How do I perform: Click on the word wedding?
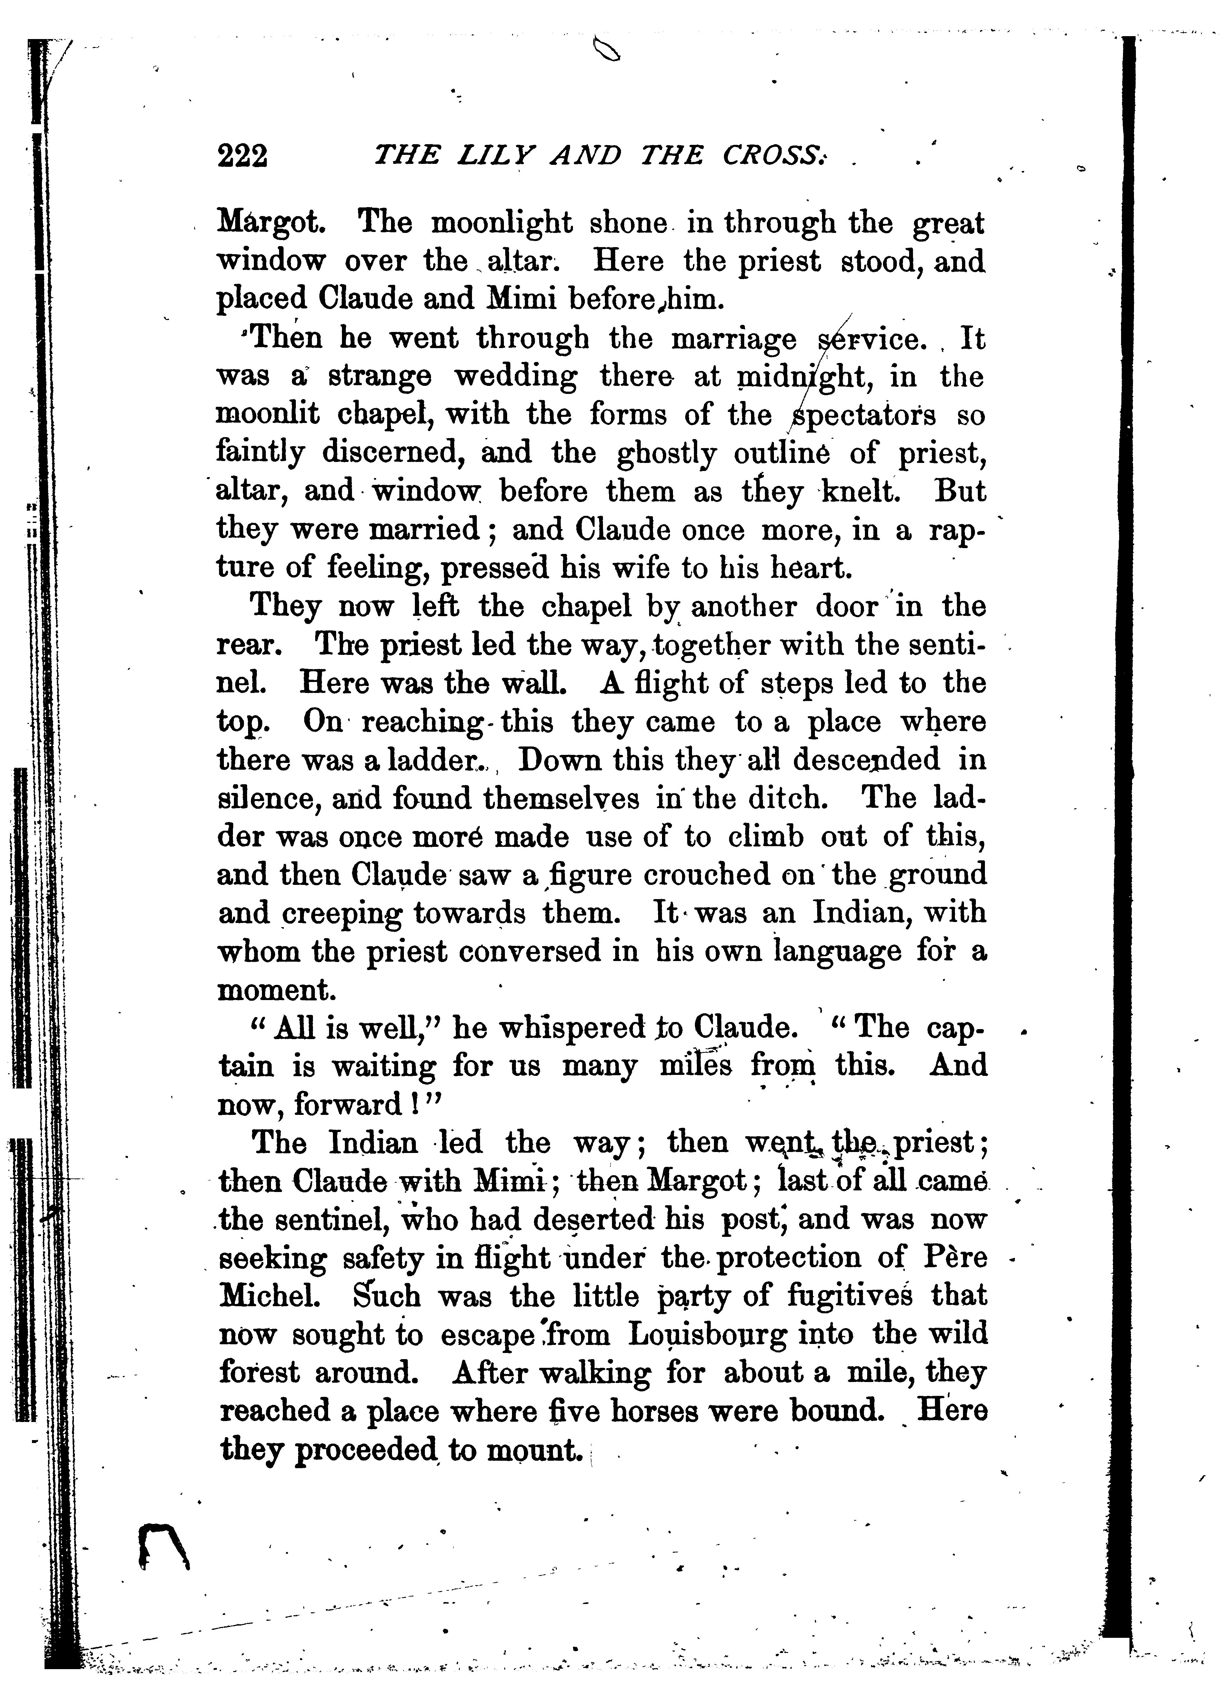[515, 377]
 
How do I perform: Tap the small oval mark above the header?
[606, 51]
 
